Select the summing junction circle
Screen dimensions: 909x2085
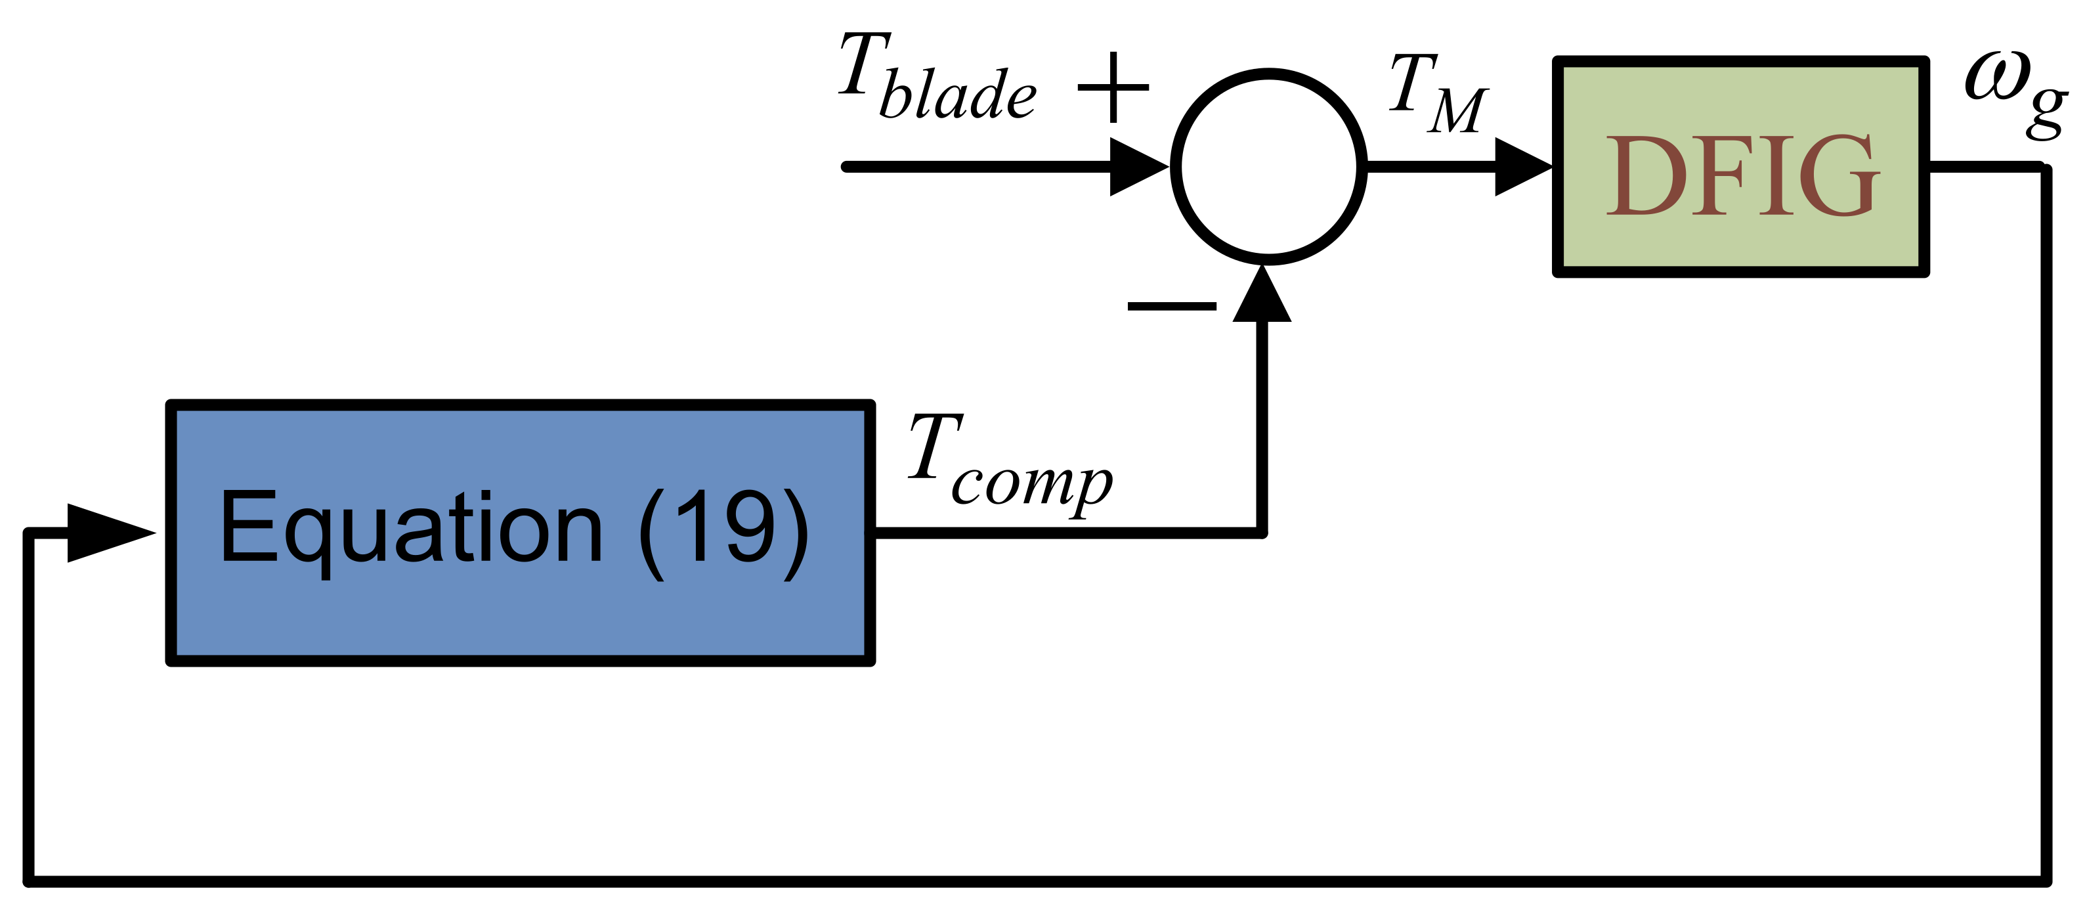pyautogui.click(x=1268, y=167)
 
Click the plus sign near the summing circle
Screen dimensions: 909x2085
pyautogui.click(x=1113, y=87)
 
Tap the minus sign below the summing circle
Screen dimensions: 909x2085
pyautogui.click(x=1171, y=306)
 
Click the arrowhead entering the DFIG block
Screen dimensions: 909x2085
pyautogui.click(x=1522, y=167)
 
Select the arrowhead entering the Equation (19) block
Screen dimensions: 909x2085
pyautogui.click(x=109, y=533)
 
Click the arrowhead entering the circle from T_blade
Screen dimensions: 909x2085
pyautogui.click(x=1137, y=167)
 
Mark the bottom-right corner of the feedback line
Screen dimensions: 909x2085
pyautogui.click(x=2046, y=881)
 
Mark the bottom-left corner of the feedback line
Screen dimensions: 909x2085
pyautogui.click(x=29, y=881)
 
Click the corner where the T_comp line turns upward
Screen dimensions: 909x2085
pyautogui.click(x=1261, y=533)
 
